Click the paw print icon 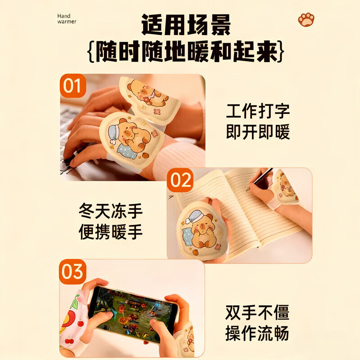pyautogui.click(x=306, y=19)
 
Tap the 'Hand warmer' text pyautogui.click(x=67, y=18)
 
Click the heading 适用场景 pyautogui.click(x=186, y=25)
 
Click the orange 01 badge pyautogui.click(x=73, y=85)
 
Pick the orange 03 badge pyautogui.click(x=73, y=272)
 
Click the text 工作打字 pyautogui.click(x=258, y=111)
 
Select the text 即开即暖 pyautogui.click(x=258, y=132)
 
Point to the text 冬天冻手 pyautogui.click(x=111, y=211)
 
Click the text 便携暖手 pyautogui.click(x=111, y=232)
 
